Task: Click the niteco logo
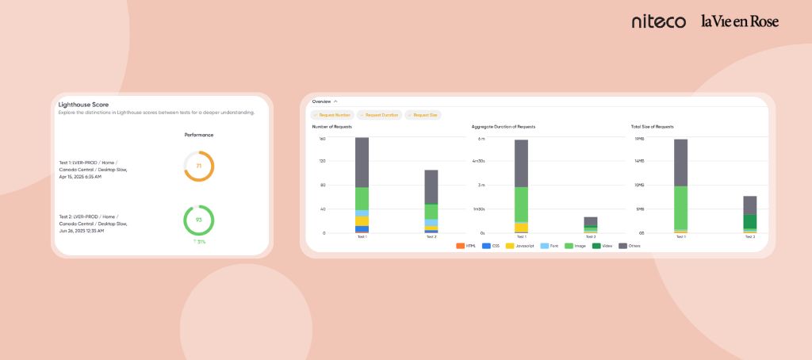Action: (x=658, y=21)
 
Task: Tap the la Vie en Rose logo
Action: (x=739, y=21)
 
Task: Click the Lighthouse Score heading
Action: (x=83, y=104)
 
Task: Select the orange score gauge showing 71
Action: (x=199, y=166)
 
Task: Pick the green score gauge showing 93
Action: (x=199, y=220)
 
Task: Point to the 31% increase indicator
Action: (x=199, y=241)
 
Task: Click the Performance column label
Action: (x=199, y=135)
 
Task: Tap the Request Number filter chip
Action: (x=332, y=115)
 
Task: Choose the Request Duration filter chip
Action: (x=380, y=115)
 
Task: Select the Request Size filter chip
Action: (x=423, y=115)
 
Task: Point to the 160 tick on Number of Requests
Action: (x=323, y=138)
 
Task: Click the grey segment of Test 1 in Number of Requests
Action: (x=362, y=162)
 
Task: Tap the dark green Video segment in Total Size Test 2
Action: (x=749, y=221)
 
